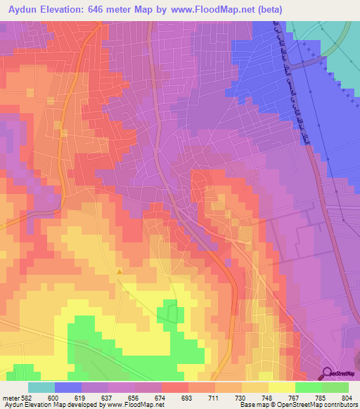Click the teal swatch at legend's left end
pyautogui.click(x=41, y=387)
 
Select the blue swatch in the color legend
pyautogui.click(x=68, y=387)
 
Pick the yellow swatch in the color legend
pyautogui.click(x=282, y=387)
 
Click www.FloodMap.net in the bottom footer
pyautogui.click(x=134, y=405)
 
